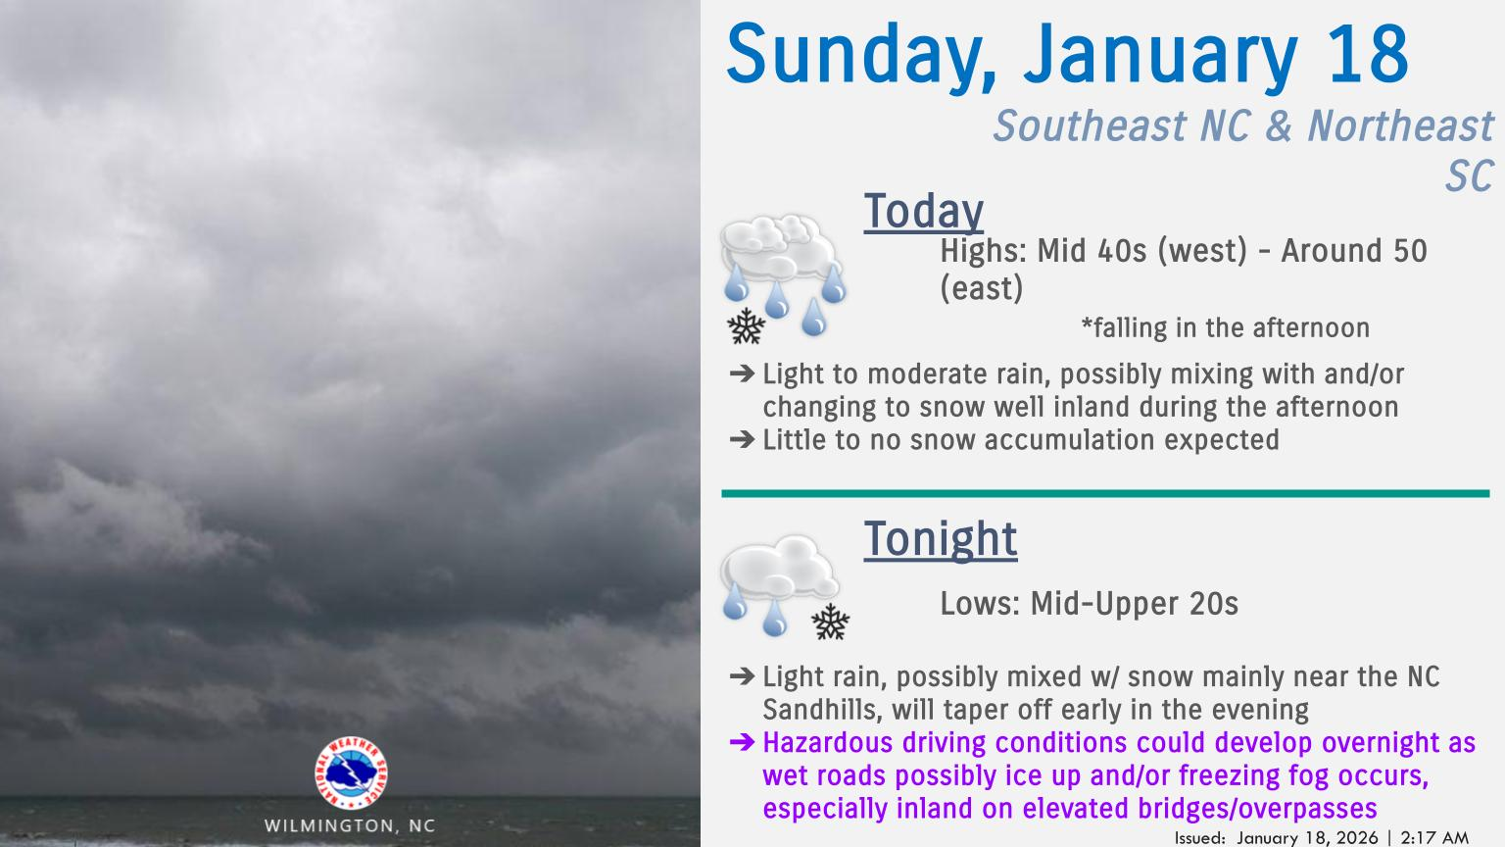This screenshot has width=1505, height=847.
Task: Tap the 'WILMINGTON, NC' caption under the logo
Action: tap(350, 825)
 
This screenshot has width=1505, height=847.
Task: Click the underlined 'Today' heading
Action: tap(923, 212)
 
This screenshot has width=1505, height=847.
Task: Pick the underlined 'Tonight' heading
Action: tap(940, 539)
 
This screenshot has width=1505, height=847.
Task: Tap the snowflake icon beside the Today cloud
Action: tap(747, 326)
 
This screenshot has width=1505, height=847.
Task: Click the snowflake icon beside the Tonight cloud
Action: tap(831, 621)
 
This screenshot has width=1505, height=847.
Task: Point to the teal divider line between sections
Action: tap(1105, 493)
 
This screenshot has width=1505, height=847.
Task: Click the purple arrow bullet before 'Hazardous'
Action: tap(742, 743)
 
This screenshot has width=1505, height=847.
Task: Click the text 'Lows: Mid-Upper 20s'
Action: tap(1089, 604)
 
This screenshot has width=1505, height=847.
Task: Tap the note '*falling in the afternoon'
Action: tap(1225, 327)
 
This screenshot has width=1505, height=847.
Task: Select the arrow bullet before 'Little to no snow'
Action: tap(742, 440)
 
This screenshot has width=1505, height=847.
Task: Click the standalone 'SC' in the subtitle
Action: tap(1468, 176)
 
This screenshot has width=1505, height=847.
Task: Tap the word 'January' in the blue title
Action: tap(1160, 56)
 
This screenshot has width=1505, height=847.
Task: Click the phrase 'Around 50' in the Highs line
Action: tap(1354, 251)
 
